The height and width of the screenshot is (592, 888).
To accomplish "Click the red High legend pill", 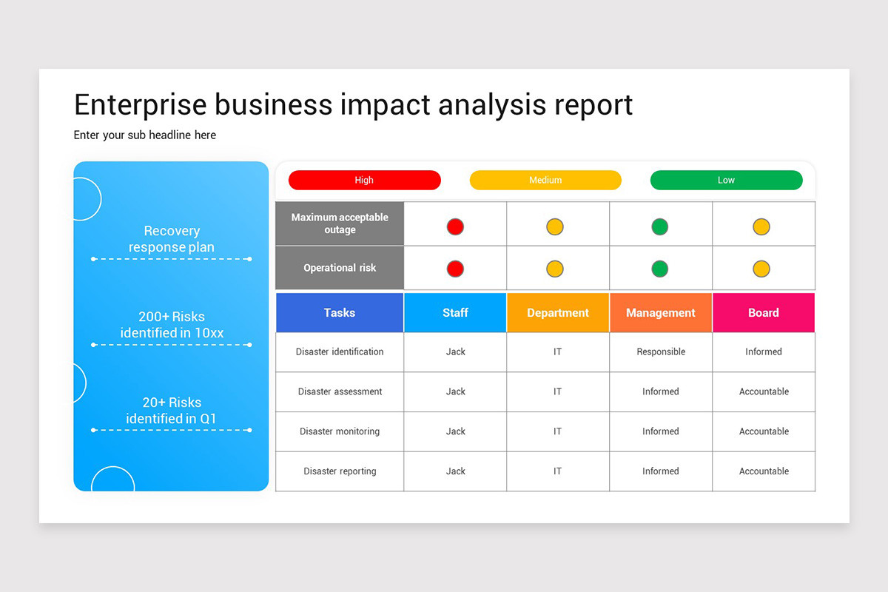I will click(364, 180).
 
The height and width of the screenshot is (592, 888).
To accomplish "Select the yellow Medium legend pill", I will click(545, 180).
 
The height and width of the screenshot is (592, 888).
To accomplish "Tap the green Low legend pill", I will click(726, 180).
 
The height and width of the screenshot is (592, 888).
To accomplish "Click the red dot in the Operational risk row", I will click(455, 269).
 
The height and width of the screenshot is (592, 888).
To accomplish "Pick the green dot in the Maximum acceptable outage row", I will click(659, 227).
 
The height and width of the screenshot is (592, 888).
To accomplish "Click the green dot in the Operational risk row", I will click(659, 269).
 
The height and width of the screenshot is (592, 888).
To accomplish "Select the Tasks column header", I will click(340, 313).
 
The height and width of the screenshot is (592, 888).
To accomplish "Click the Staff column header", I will click(455, 313).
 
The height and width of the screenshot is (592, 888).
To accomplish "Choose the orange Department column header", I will click(558, 313).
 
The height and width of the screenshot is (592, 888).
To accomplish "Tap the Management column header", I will click(661, 313).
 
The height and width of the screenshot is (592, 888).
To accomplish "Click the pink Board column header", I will click(763, 313).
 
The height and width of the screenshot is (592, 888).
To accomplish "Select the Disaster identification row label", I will click(340, 352).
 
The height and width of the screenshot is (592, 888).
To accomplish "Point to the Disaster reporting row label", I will click(340, 471).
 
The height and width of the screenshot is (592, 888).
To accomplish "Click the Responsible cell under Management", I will click(661, 352).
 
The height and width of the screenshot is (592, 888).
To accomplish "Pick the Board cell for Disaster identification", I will click(763, 352).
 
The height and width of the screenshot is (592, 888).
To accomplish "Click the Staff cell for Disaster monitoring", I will click(455, 431).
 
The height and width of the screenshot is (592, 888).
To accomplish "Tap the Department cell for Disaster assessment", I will click(558, 391).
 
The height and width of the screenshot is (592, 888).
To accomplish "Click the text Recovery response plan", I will click(172, 239).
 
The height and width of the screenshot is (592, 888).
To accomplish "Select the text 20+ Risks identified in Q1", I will click(172, 411).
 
